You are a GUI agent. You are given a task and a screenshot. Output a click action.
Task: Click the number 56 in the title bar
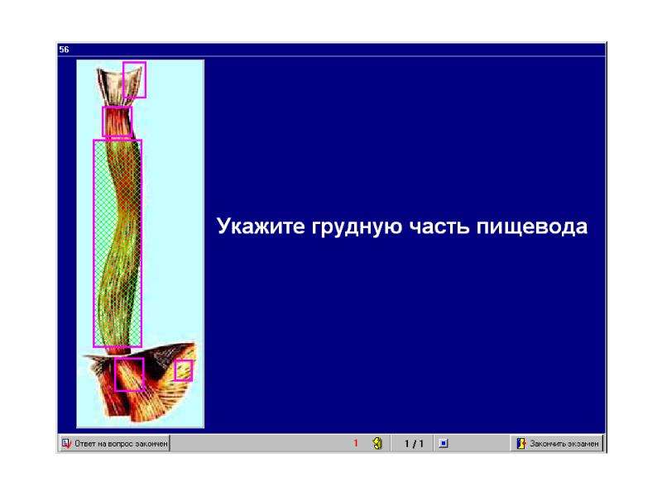[x=64, y=50]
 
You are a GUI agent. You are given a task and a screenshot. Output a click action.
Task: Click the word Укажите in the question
[x=261, y=226]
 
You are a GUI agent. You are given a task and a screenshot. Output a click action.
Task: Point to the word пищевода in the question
[x=532, y=227]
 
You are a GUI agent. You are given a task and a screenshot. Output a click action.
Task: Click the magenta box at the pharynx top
[x=135, y=79]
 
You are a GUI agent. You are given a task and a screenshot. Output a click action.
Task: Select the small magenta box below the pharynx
[x=117, y=122]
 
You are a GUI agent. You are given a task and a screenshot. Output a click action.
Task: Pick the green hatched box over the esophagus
[x=118, y=243]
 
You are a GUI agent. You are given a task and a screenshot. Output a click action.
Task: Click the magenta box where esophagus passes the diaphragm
[x=129, y=374]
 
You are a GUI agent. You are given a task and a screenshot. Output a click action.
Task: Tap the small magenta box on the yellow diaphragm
[x=184, y=370]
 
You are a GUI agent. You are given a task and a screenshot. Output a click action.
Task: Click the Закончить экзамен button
[x=557, y=444]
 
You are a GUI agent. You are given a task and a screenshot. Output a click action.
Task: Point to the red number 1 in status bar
[x=356, y=443]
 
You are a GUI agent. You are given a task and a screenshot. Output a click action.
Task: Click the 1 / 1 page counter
[x=413, y=444]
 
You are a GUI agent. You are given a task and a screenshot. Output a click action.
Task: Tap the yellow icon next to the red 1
[x=377, y=443]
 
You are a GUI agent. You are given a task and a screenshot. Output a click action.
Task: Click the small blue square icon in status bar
[x=444, y=444]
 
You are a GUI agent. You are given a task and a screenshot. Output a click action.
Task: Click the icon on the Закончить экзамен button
[x=521, y=444]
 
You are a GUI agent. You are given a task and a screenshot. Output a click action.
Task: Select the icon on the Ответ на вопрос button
[x=66, y=444]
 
